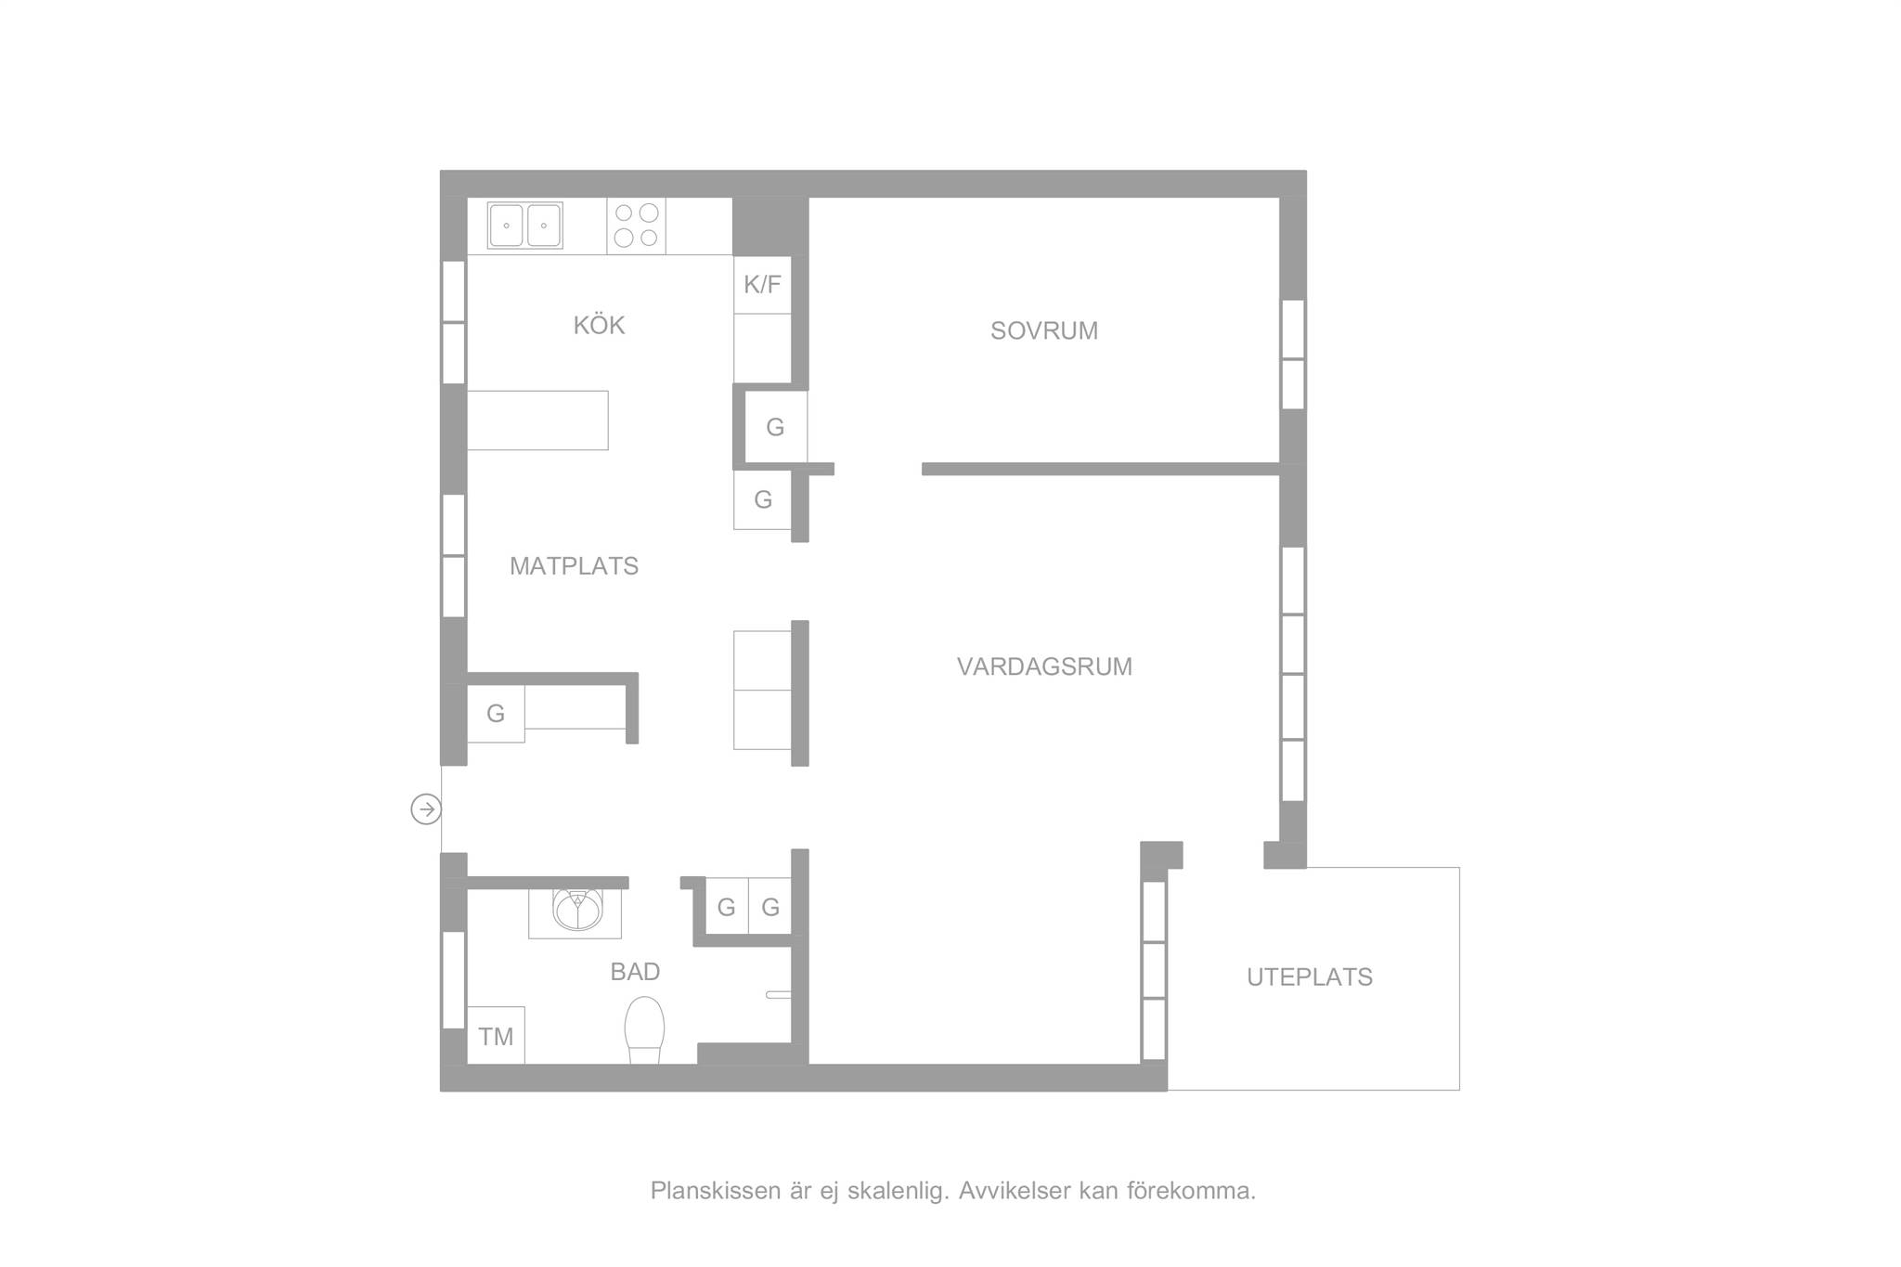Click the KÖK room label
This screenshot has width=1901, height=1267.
pyautogui.click(x=599, y=326)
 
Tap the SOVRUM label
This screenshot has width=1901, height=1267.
pyautogui.click(x=1044, y=331)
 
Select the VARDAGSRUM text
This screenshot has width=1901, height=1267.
pyautogui.click(x=1044, y=667)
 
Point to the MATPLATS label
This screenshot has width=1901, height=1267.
pyautogui.click(x=574, y=566)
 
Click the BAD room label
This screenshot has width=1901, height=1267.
pyautogui.click(x=635, y=972)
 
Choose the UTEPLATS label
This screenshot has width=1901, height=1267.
pyautogui.click(x=1310, y=977)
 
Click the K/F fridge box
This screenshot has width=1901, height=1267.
pyautogui.click(x=762, y=284)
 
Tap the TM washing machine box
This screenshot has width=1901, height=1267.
pyautogui.click(x=496, y=1036)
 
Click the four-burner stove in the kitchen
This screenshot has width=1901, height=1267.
pyautogui.click(x=637, y=226)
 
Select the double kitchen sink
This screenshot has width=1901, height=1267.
pyautogui.click(x=525, y=226)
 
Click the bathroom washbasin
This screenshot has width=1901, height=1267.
pyautogui.click(x=575, y=910)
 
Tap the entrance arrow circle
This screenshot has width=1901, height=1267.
pyautogui.click(x=426, y=810)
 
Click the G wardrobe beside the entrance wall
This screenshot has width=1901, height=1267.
pyautogui.click(x=496, y=714)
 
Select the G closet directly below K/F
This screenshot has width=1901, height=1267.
pyautogui.click(x=776, y=427)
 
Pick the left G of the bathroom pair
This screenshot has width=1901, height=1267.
pyautogui.click(x=727, y=906)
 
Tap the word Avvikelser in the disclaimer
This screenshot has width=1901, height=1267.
pyautogui.click(x=1015, y=1191)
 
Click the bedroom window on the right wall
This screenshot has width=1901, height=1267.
pyautogui.click(x=1293, y=355)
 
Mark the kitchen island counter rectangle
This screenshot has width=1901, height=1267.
pyautogui.click(x=537, y=420)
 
